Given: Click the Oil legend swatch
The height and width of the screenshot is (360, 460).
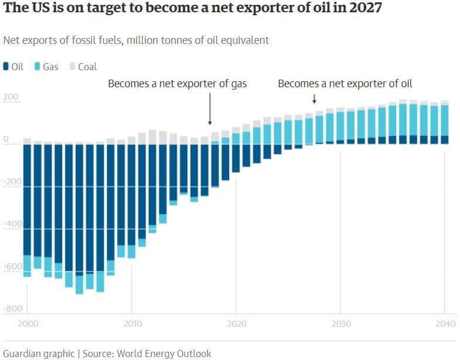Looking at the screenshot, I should [x=6, y=67].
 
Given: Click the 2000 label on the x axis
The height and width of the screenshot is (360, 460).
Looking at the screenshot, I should [x=28, y=323].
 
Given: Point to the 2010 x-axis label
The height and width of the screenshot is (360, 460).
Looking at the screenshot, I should [x=132, y=323].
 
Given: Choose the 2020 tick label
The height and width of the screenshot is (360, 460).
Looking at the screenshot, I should [x=236, y=323].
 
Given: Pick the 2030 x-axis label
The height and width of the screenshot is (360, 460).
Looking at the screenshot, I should [x=340, y=323].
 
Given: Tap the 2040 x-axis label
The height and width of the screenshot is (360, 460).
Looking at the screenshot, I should [x=445, y=323].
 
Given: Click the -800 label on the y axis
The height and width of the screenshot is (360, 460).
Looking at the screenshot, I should [x=13, y=308].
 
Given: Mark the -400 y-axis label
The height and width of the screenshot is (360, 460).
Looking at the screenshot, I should [x=13, y=224].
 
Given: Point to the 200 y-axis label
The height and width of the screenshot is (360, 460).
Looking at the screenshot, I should [x=11, y=97].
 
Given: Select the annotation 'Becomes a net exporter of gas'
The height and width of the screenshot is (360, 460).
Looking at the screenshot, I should [x=178, y=84].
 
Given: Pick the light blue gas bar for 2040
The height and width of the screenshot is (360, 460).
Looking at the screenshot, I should [x=445, y=120].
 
